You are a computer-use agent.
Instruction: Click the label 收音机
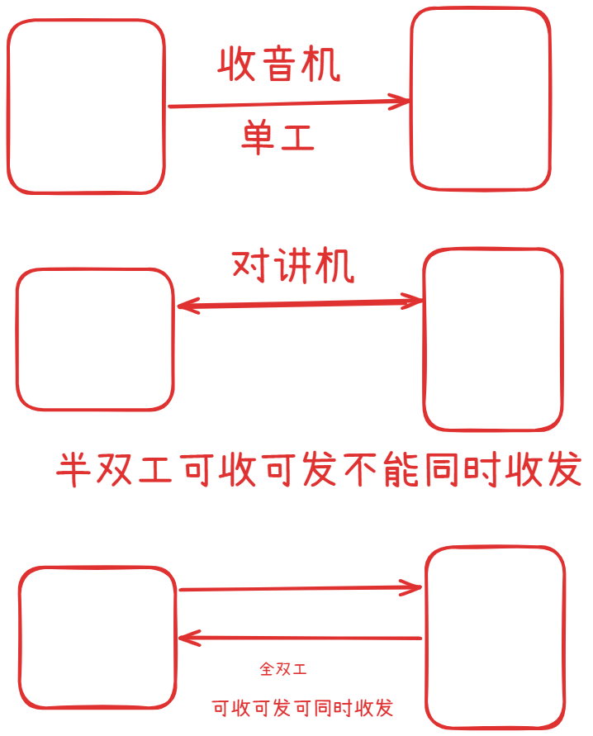click(278, 64)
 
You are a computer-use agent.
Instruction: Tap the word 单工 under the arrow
click(278, 136)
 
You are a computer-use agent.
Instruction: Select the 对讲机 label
click(292, 266)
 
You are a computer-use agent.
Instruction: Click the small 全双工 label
click(283, 668)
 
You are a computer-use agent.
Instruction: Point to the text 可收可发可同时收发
click(302, 708)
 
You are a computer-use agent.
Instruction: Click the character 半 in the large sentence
click(74, 469)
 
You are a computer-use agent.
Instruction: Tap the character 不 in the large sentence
click(361, 469)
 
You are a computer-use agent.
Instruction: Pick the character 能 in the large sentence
click(401, 469)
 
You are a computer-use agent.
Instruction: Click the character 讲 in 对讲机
click(294, 266)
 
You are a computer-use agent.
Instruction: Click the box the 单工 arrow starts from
click(8, 107)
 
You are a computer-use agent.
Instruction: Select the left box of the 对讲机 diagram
click(17, 340)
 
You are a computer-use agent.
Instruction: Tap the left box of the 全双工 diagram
click(20, 638)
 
